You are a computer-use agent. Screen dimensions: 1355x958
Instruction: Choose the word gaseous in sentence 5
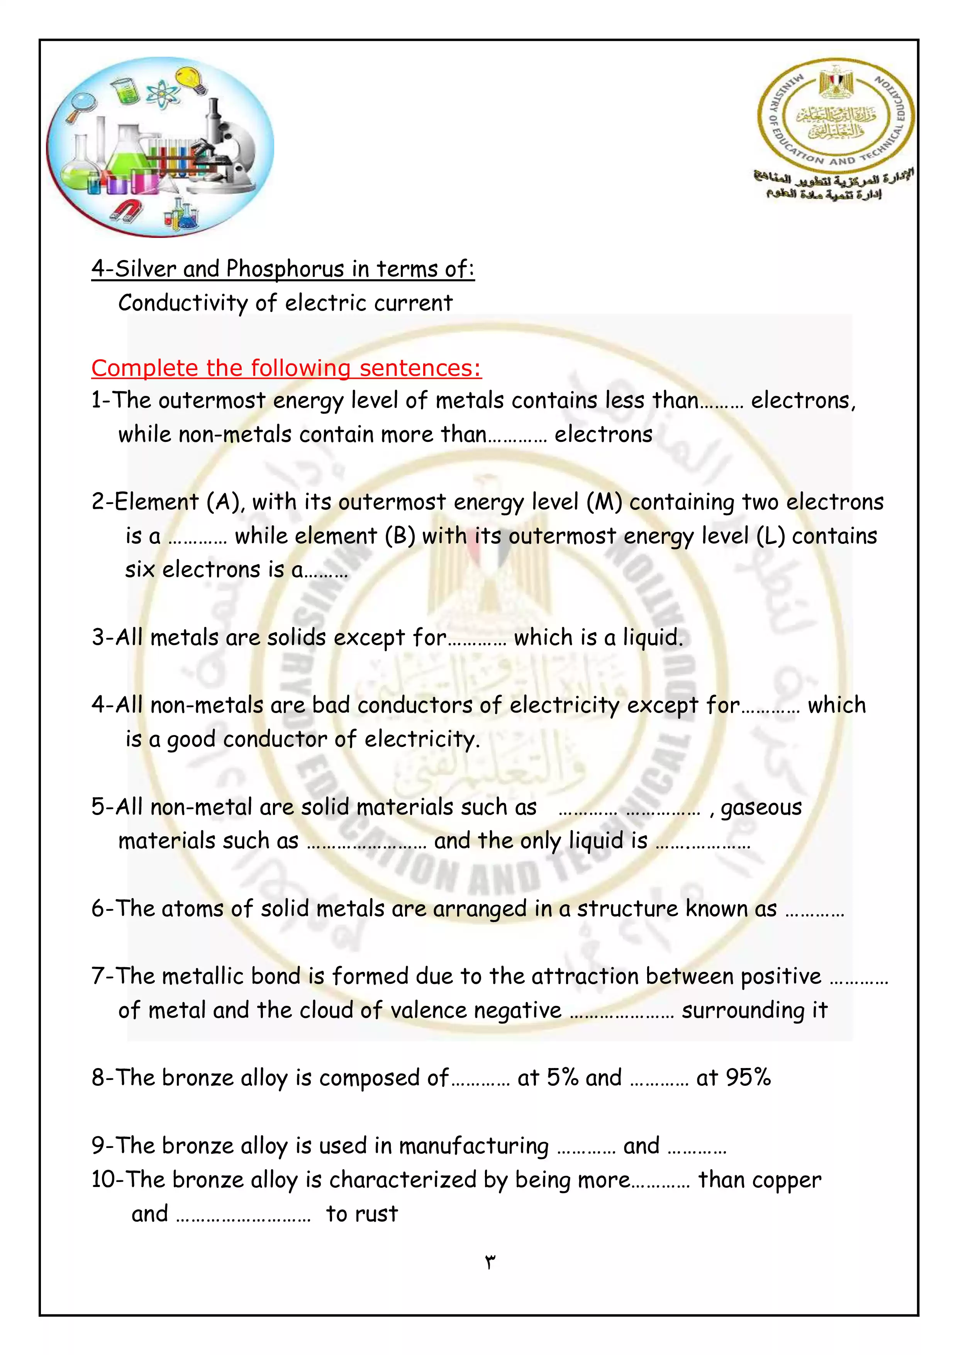(x=761, y=807)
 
